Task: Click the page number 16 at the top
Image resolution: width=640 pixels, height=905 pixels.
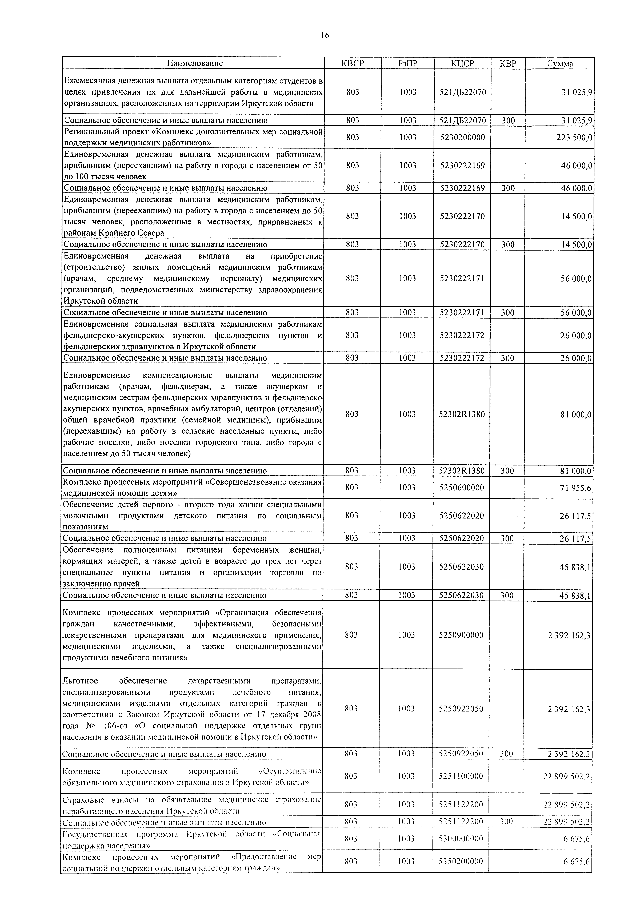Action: [x=325, y=35]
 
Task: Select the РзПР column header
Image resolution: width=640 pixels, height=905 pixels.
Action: [x=408, y=63]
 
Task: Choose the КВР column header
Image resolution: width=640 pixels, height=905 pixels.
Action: [x=508, y=63]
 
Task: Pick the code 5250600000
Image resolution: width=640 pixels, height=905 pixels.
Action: [x=461, y=488]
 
